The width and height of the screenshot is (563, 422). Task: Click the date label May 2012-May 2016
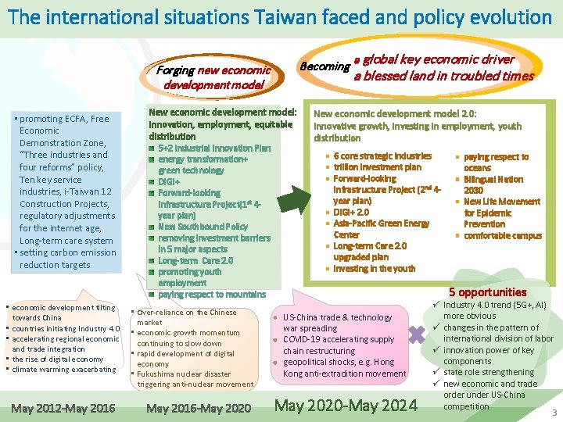pyautogui.click(x=63, y=408)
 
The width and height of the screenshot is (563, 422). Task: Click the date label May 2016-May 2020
pyautogui.click(x=199, y=408)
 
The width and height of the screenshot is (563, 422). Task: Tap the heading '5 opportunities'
pyautogui.click(x=487, y=292)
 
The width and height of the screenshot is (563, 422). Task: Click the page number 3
pyautogui.click(x=554, y=412)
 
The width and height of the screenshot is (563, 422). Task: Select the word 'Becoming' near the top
pyautogui.click(x=325, y=66)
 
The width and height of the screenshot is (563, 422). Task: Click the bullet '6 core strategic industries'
pyautogui.click(x=382, y=156)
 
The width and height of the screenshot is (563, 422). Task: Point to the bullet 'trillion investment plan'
pyautogui.click(x=377, y=167)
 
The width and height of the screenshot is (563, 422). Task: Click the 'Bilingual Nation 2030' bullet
pyautogui.click(x=493, y=184)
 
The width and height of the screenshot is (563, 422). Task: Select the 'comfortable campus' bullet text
pyautogui.click(x=503, y=235)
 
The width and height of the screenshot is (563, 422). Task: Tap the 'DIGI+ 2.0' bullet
pyautogui.click(x=351, y=212)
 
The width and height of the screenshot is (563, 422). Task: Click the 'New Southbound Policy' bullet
pyautogui.click(x=203, y=227)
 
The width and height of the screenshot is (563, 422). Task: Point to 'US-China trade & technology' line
pyautogui.click(x=337, y=317)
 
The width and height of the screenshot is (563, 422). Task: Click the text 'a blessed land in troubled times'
pyautogui.click(x=443, y=76)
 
